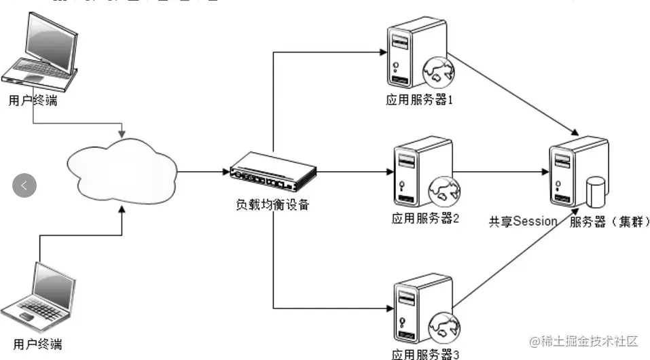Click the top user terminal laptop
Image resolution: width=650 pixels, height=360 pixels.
pyautogui.click(x=43, y=52)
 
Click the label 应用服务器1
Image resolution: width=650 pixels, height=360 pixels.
pyautogui.click(x=419, y=100)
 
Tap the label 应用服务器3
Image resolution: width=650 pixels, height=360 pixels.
pyautogui.click(x=426, y=353)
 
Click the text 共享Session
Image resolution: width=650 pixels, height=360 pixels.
pyautogui.click(x=523, y=221)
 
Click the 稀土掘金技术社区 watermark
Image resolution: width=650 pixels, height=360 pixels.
pyautogui.click(x=583, y=340)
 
